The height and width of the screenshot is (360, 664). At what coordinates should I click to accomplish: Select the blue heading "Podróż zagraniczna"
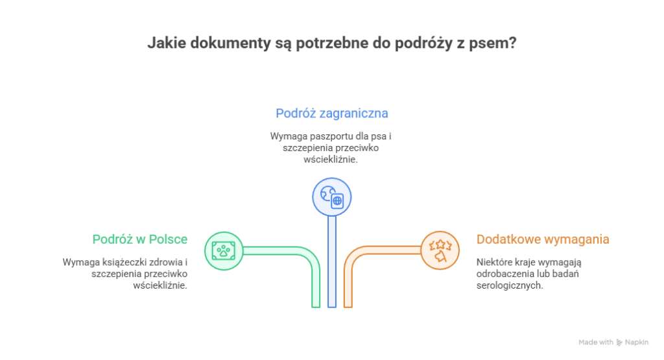pyautogui.click(x=331, y=114)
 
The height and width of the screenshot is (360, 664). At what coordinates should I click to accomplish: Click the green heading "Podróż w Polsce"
pyautogui.click(x=140, y=239)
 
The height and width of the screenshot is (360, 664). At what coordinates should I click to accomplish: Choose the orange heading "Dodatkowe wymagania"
pyautogui.click(x=543, y=239)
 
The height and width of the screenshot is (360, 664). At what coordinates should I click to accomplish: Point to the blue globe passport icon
pyautogui.click(x=331, y=197)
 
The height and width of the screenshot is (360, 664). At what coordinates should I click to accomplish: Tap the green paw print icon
pyautogui.click(x=224, y=251)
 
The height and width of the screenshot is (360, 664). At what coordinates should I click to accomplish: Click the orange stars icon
pyautogui.click(x=440, y=251)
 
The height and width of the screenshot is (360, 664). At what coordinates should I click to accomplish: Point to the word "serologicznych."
pyautogui.click(x=510, y=285)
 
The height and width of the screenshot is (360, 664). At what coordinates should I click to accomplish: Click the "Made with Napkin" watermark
pyautogui.click(x=613, y=342)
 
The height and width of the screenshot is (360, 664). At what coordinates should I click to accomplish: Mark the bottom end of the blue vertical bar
pyautogui.click(x=332, y=307)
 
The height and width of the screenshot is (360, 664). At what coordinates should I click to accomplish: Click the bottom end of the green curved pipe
pyautogui.click(x=316, y=307)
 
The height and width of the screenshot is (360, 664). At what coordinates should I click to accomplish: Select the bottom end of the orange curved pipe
pyautogui.click(x=348, y=307)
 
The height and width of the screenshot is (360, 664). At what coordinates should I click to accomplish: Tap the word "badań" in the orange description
pyautogui.click(x=568, y=274)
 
